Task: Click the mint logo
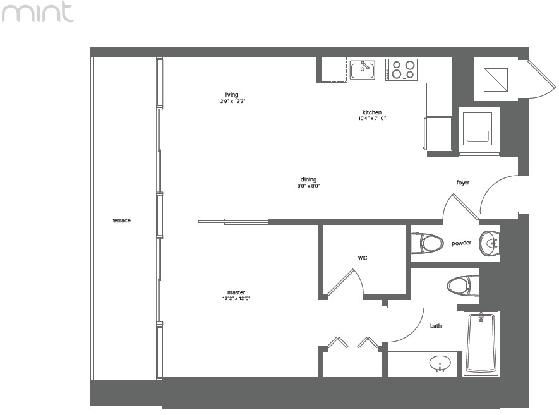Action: pos(37,12)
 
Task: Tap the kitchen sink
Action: pos(362,70)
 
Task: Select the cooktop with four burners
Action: pos(402,70)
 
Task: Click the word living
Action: pos(231,95)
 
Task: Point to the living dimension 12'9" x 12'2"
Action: pos(231,101)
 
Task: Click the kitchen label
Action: pos(372,112)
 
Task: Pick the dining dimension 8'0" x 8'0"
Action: pos(308,186)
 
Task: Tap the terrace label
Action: pos(121,220)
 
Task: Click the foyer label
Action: pos(463,183)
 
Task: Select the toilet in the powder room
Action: pos(427,243)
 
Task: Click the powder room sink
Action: pos(489,244)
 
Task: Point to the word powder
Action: pos(461,243)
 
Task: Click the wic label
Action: pos(362,258)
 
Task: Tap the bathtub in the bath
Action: pos(481,343)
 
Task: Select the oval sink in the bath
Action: pos(440,364)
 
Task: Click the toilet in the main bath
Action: pos(463,286)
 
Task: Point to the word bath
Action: pos(436,326)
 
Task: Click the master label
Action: pos(236,292)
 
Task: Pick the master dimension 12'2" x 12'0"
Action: pos(236,299)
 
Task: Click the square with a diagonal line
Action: pos(496,80)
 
